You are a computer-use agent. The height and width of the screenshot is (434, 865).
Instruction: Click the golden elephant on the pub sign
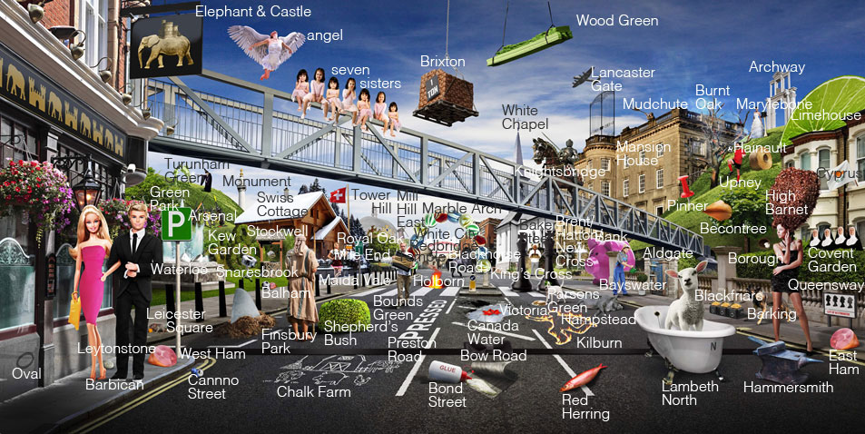tap(166, 48)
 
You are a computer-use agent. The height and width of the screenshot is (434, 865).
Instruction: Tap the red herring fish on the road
tap(582, 376)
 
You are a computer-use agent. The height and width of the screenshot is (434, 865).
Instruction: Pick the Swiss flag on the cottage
tap(338, 195)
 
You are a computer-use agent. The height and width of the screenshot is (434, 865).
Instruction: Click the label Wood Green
tap(617, 20)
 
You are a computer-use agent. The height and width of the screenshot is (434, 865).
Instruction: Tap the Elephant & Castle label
tap(253, 12)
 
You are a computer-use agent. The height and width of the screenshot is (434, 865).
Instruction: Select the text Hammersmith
tap(788, 387)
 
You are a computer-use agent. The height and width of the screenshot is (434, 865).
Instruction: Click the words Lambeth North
tap(690, 393)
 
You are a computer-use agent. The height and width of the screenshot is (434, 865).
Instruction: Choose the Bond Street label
tap(447, 395)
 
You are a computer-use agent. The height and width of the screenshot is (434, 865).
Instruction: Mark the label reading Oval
tap(25, 374)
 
